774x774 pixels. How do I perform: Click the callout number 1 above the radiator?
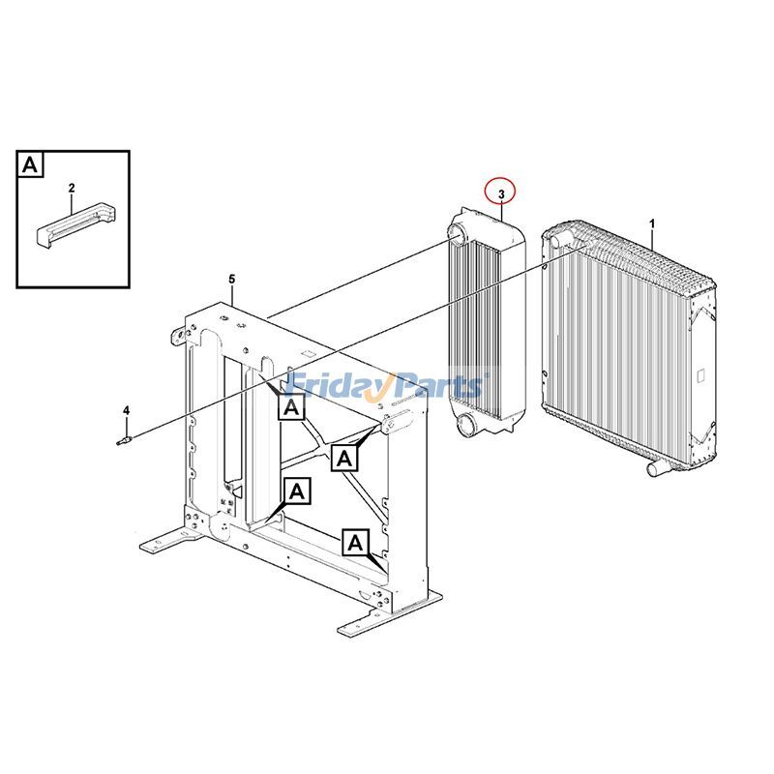(x=652, y=223)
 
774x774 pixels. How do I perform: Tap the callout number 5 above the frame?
(x=232, y=280)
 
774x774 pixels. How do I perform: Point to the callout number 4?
(x=126, y=411)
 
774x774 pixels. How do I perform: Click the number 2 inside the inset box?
(x=72, y=187)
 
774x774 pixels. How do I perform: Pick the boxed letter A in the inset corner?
(x=31, y=164)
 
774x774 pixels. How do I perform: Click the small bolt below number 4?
(x=122, y=442)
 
